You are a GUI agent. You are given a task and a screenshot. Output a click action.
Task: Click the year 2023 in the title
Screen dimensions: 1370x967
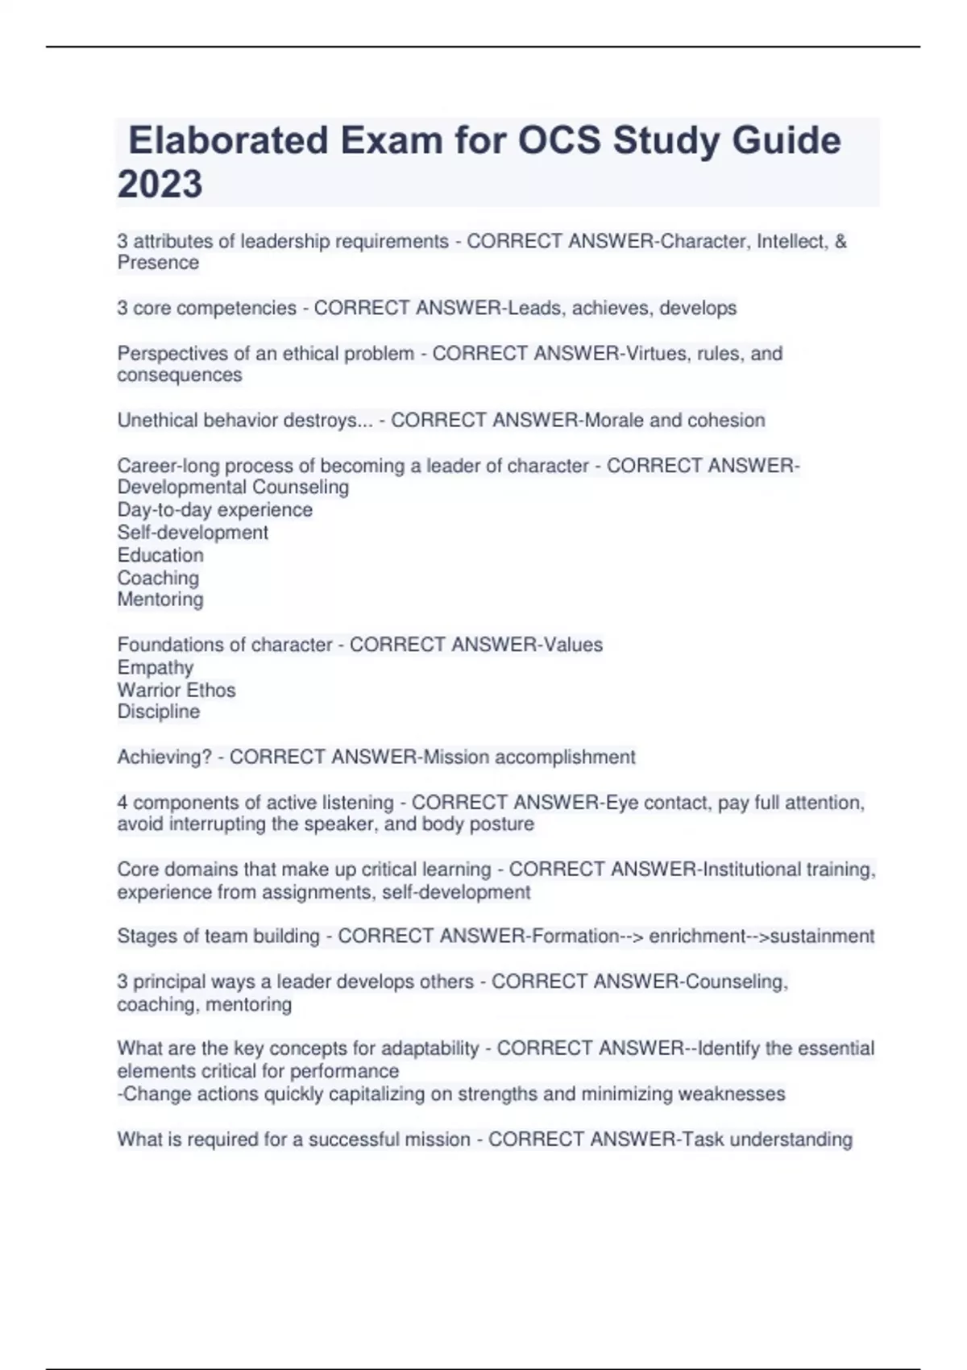coord(160,184)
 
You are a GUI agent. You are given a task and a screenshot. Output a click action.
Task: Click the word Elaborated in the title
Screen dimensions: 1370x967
coord(229,140)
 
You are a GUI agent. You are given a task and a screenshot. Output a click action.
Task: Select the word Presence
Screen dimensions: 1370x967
coord(158,263)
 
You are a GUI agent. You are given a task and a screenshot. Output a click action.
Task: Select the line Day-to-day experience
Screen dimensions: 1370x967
coord(214,510)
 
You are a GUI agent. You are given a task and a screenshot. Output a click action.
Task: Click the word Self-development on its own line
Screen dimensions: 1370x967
coord(193,533)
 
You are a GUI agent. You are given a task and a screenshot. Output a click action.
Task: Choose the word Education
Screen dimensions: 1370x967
coord(160,555)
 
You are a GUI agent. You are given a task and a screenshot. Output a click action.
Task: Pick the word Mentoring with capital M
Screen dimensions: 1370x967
coord(160,600)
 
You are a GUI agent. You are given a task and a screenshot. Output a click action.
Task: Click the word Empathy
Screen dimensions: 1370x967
coord(156,667)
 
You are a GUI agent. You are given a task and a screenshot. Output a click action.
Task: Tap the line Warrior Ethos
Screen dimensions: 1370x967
coord(176,690)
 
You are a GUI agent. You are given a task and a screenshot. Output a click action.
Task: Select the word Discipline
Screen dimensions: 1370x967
coord(159,712)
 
